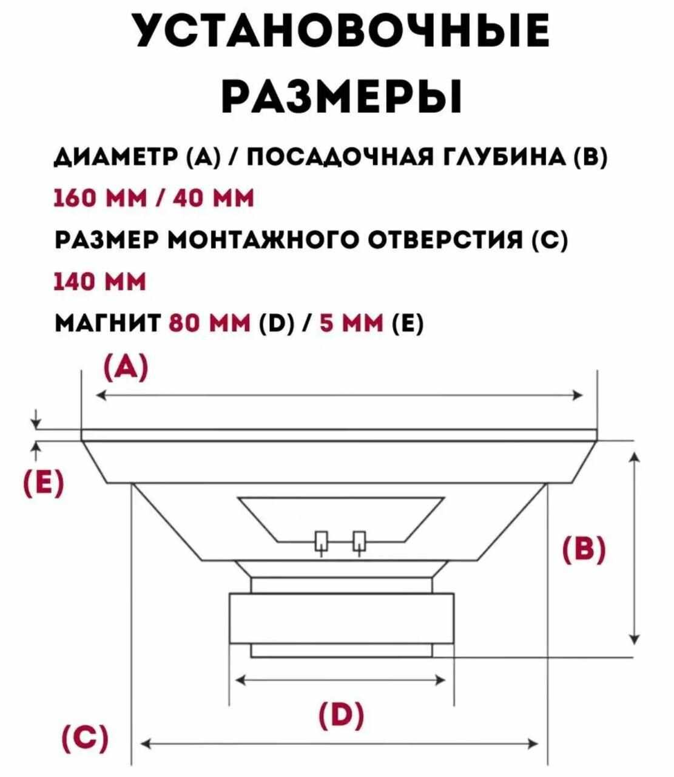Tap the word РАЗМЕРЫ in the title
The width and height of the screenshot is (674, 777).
pos(341,95)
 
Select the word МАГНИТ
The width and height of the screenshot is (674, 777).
pos(107,324)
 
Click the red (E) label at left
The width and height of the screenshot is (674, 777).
pos(42,484)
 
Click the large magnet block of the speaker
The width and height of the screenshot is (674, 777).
pos(341,618)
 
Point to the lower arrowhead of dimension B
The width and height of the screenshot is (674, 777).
pos(634,639)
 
